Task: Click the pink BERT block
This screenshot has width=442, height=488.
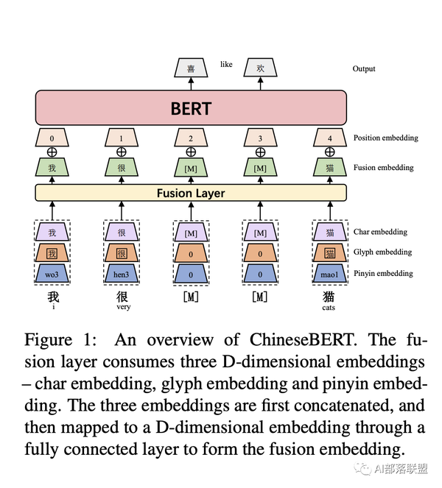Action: [191, 108]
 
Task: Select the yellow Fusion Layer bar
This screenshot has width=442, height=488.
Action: [191, 193]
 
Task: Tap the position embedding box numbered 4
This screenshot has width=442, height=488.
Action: [330, 138]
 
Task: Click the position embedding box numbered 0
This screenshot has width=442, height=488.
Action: [52, 138]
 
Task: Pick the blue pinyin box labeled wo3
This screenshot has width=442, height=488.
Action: [52, 274]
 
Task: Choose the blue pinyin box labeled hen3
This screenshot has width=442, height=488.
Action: [122, 274]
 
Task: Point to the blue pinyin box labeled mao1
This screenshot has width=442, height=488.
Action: [330, 274]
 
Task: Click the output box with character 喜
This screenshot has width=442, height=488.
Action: [191, 68]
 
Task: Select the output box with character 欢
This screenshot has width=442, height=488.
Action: [260, 68]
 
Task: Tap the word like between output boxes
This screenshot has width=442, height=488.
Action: [226, 64]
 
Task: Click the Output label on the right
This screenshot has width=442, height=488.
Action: [364, 68]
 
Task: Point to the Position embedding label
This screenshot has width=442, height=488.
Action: [385, 138]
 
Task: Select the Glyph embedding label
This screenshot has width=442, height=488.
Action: [382, 252]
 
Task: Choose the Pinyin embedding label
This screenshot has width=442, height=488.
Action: [383, 273]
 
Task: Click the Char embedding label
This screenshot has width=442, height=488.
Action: [380, 232]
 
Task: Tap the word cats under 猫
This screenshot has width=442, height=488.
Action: [329, 308]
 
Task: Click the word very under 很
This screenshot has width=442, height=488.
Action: [124, 307]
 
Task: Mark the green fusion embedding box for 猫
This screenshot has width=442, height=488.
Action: [330, 167]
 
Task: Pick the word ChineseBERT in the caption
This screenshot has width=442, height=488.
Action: [302, 339]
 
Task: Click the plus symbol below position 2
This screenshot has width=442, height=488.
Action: [191, 152]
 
